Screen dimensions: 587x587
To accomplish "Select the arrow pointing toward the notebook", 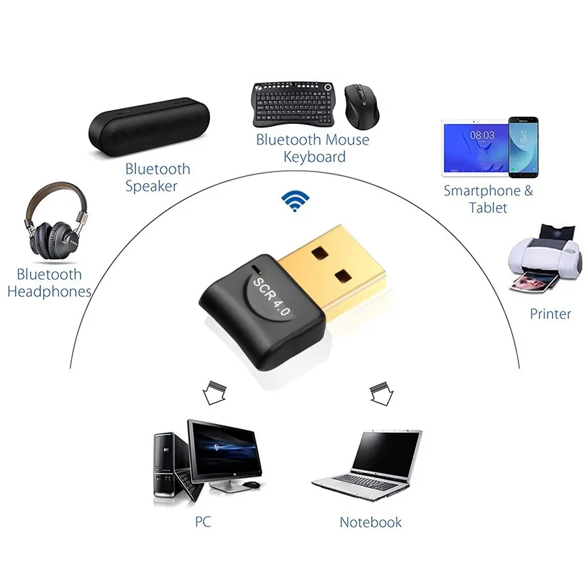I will [379, 393].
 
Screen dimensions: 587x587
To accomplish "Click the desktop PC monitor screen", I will [221, 447].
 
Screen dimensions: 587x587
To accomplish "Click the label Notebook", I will [370, 522].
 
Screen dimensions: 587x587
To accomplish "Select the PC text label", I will [203, 522].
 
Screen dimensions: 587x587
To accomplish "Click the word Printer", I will [550, 314].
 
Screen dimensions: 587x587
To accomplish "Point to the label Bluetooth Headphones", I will [49, 282].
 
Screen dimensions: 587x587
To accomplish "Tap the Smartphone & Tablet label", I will [488, 199].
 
